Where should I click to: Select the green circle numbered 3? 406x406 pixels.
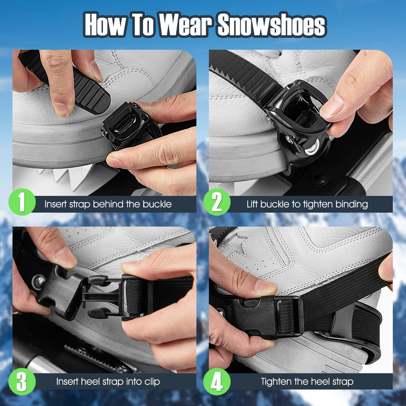click(22, 382)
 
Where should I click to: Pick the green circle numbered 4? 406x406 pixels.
click(217, 382)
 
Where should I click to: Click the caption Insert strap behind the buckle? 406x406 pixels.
click(108, 205)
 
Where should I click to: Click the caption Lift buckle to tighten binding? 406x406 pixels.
click(307, 205)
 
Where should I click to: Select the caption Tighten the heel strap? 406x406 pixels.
click(307, 382)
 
